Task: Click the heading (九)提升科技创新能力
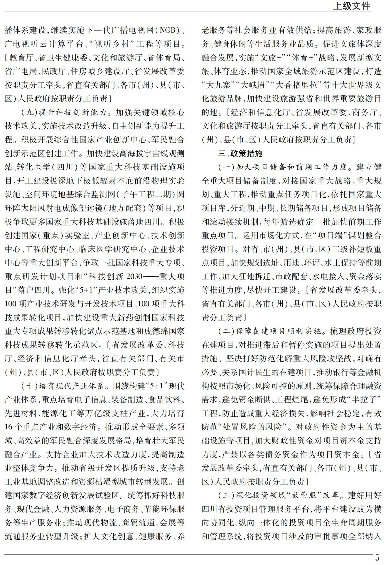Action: [63, 112]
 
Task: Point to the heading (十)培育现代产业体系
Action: [63, 386]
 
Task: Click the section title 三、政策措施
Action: [240, 153]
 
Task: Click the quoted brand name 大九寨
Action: [218, 85]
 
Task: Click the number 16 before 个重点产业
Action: [9, 427]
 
